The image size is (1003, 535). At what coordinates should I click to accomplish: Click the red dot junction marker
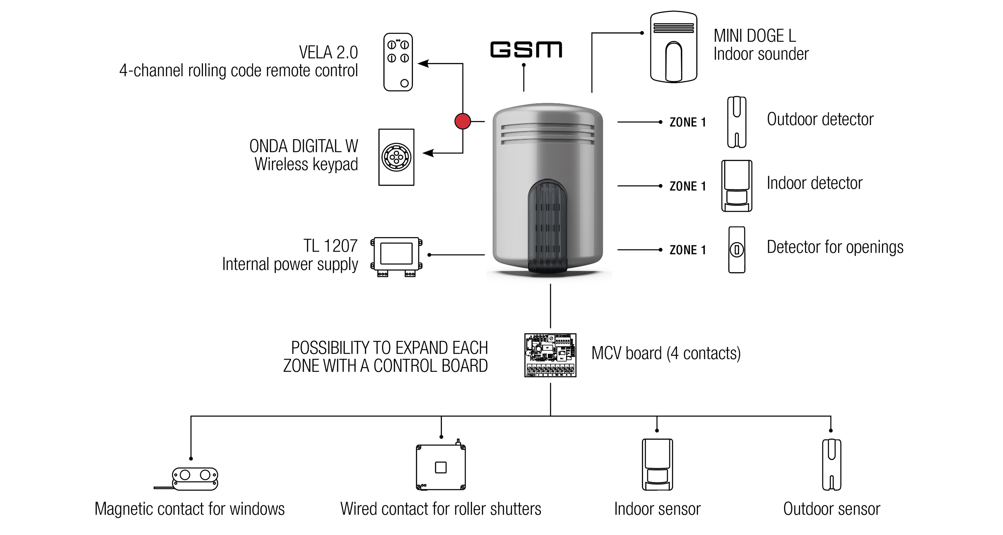[x=463, y=121]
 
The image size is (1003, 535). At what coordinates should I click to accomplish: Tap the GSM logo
[x=526, y=49]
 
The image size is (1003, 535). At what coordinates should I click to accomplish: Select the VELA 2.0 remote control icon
[x=398, y=62]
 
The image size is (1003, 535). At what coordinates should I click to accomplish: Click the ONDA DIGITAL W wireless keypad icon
[x=396, y=157]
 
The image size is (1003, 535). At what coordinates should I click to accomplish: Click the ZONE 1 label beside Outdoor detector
[x=688, y=122]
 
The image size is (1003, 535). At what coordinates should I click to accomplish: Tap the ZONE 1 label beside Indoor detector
[x=688, y=186]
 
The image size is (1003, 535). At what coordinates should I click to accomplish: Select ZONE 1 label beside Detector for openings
[x=688, y=250]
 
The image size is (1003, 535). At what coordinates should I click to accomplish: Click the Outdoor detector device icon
[x=737, y=122]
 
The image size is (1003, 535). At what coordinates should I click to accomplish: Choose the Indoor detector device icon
[x=737, y=186]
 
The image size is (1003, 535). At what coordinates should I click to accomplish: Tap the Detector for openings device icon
[x=737, y=249]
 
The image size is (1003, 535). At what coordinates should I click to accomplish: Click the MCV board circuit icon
[x=550, y=355]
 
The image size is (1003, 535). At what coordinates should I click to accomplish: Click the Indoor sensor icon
[x=657, y=464]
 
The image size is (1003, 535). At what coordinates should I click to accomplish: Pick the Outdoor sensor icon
[x=831, y=464]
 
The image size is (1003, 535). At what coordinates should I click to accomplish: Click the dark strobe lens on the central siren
[x=547, y=226]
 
